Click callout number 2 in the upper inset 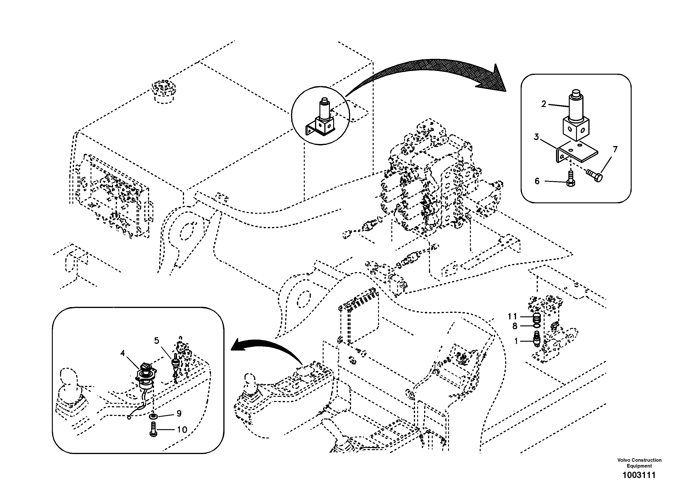point(543,104)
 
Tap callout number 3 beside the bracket point(536,137)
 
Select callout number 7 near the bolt point(615,149)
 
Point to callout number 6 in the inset point(537,181)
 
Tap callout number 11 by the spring point(512,316)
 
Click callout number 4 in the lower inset point(122,353)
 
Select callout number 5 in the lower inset point(157,341)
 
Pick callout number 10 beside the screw point(182,430)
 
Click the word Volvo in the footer point(624,460)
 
